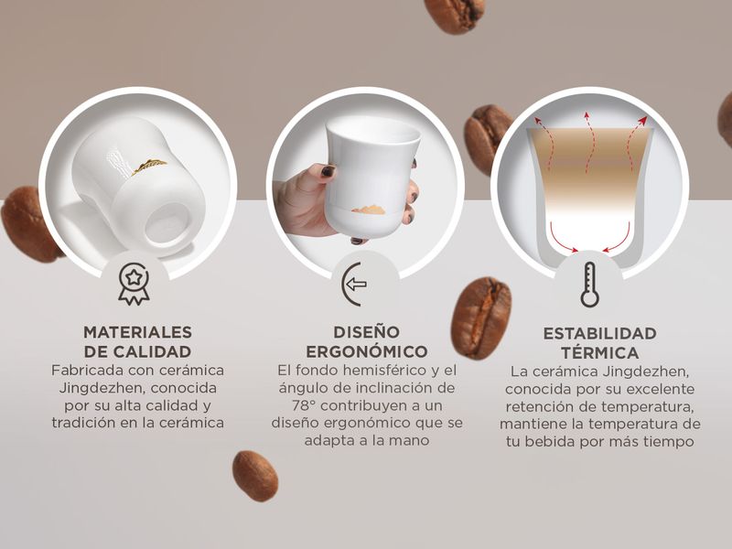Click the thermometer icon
pyautogui.click(x=589, y=285)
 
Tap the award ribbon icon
pyautogui.click(x=134, y=285)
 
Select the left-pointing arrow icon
pyautogui.click(x=353, y=284)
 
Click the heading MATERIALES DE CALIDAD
pyautogui.click(x=138, y=341)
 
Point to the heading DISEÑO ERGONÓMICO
pyautogui.click(x=367, y=341)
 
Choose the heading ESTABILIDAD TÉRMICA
pyautogui.click(x=600, y=342)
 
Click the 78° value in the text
pyautogui.click(x=304, y=405)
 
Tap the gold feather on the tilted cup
pyautogui.click(x=149, y=166)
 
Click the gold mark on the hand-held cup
pyautogui.click(x=369, y=210)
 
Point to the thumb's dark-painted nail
pyautogui.click(x=328, y=171)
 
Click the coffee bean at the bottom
pyautogui.click(x=255, y=476)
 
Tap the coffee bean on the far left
pyautogui.click(x=29, y=224)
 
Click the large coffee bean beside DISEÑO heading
pyautogui.click(x=481, y=318)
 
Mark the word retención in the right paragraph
pyautogui.click(x=538, y=406)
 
